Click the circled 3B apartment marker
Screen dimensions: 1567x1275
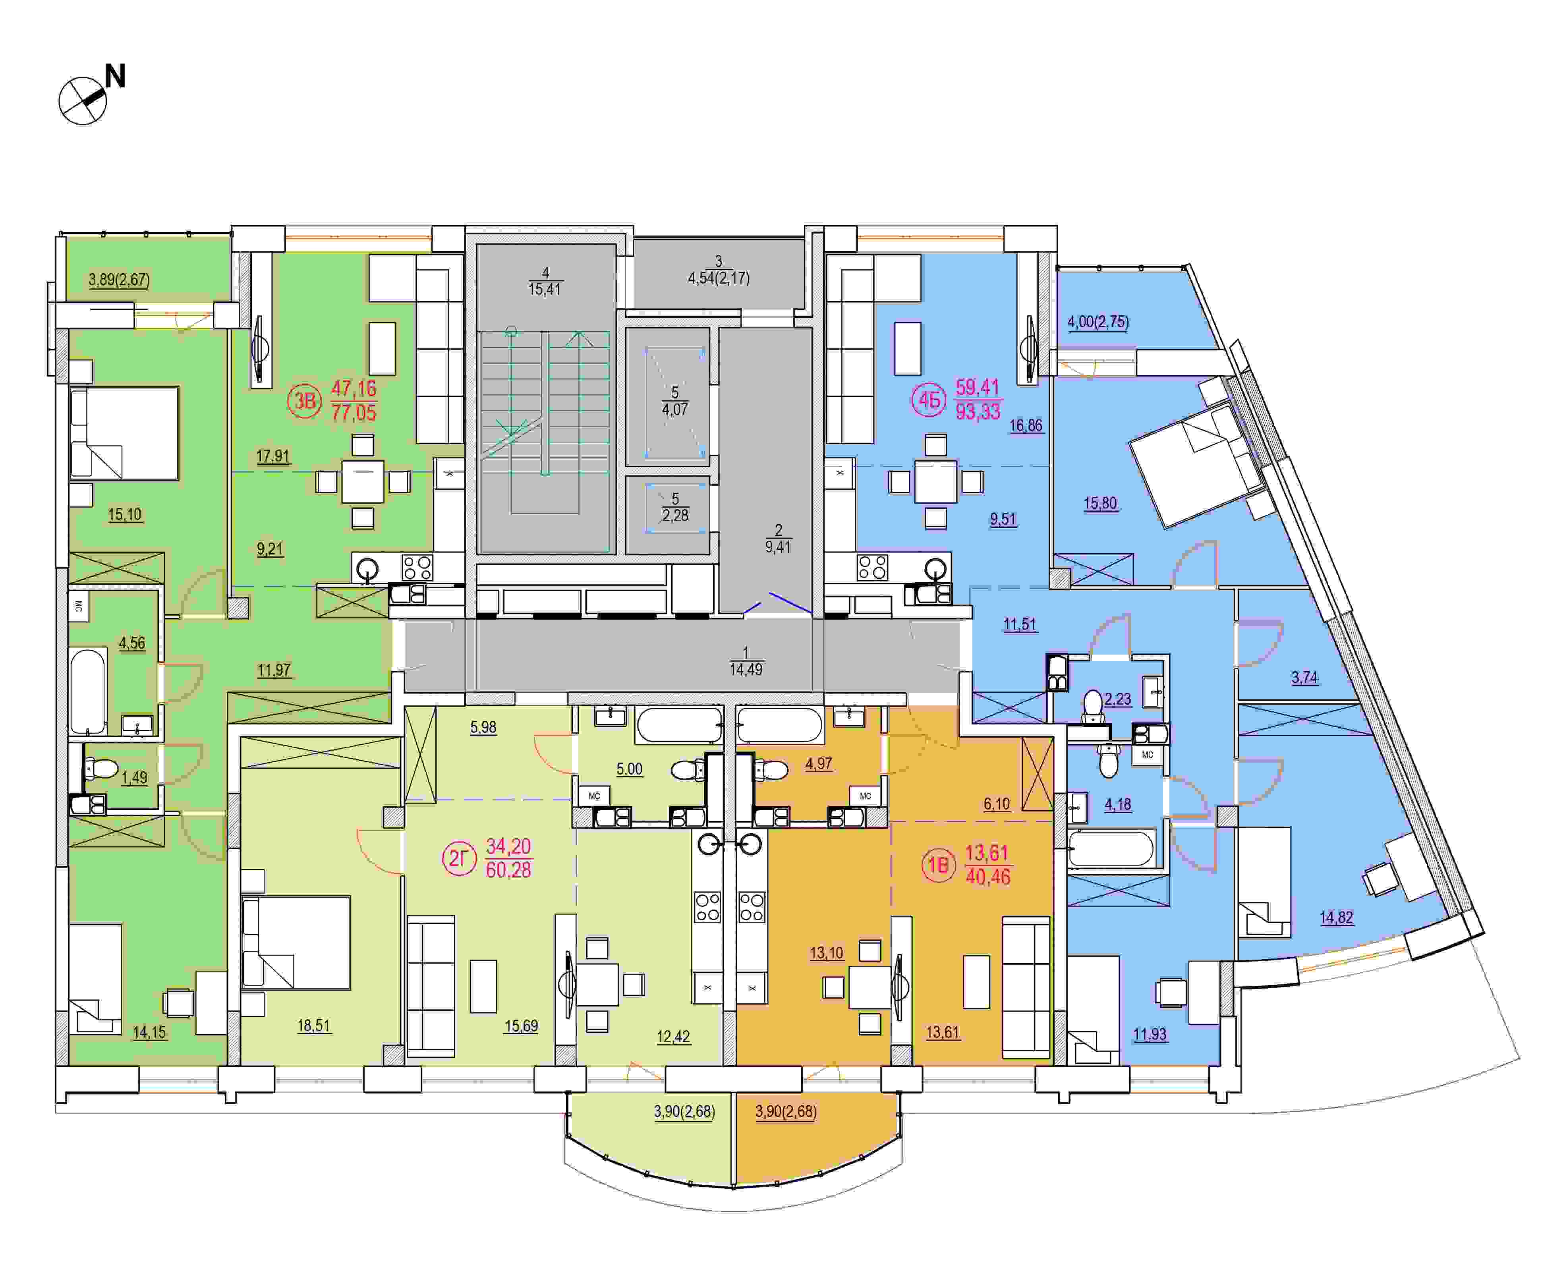click(x=304, y=401)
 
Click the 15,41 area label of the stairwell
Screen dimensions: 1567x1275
click(x=544, y=289)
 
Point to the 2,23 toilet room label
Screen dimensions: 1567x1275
click(x=1118, y=698)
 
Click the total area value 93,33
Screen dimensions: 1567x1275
click(x=978, y=411)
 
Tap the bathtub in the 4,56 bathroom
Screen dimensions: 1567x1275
click(x=89, y=691)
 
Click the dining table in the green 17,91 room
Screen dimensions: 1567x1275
click(x=363, y=482)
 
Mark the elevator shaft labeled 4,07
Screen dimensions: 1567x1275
click(x=674, y=397)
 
